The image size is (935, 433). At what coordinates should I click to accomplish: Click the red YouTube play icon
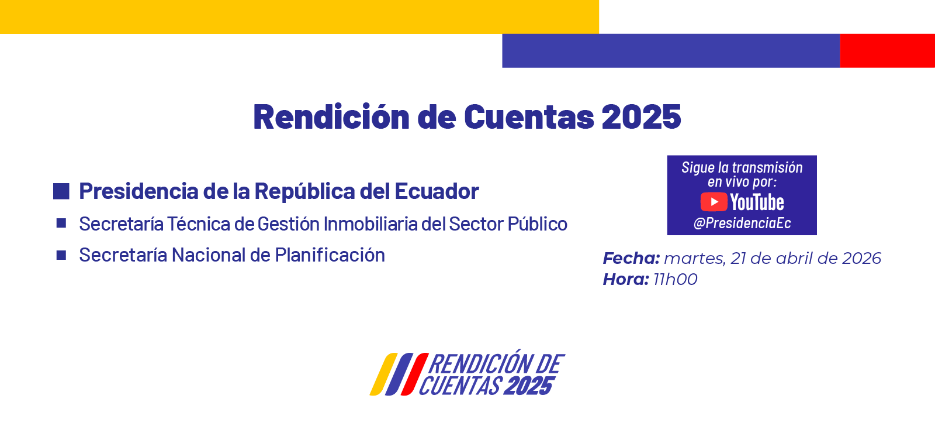(x=714, y=202)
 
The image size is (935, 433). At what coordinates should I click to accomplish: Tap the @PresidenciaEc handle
(x=742, y=223)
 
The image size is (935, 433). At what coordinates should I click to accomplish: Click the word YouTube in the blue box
(x=757, y=202)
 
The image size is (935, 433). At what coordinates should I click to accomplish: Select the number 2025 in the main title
(x=641, y=116)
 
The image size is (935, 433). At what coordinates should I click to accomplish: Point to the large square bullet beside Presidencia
(x=61, y=191)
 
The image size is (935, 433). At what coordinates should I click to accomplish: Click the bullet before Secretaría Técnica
(x=61, y=223)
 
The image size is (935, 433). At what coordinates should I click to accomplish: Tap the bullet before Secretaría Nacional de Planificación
(x=61, y=255)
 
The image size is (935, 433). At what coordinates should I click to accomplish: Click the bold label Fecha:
(x=631, y=258)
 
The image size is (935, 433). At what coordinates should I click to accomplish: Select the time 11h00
(x=676, y=279)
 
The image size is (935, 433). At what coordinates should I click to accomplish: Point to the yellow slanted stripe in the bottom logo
(x=383, y=374)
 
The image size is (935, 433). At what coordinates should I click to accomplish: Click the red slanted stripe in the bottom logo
(x=415, y=374)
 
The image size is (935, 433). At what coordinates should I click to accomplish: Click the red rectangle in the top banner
(x=887, y=50)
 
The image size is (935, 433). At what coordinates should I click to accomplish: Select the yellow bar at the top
(x=299, y=16)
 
